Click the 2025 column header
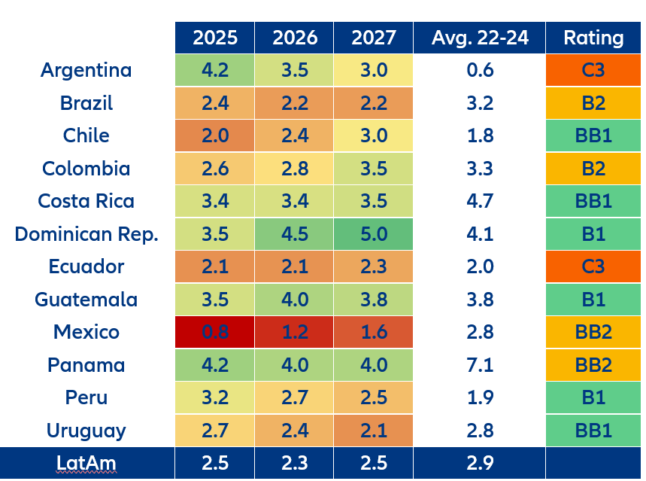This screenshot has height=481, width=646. pos(214,38)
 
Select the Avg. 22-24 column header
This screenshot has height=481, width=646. pos(480,38)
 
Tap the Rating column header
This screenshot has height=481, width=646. pos(593,38)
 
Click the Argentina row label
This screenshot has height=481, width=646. pos(86,70)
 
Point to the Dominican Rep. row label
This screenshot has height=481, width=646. pos(86,233)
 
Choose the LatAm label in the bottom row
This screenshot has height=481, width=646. pos(86,462)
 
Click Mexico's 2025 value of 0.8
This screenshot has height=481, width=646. pos(214,332)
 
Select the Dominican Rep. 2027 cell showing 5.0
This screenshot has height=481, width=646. pos(374,233)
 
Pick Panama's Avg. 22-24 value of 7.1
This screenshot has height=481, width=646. pos(480,365)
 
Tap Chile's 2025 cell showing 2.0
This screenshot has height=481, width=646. pos(214,135)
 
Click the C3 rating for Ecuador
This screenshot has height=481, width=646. pos(593,266)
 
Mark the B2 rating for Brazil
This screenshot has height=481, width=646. pos(593,103)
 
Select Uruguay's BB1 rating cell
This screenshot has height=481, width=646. pos(593,431)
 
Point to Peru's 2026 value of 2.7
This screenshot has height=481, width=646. pos(294,397)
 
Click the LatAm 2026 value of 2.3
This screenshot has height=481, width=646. pos(294,462)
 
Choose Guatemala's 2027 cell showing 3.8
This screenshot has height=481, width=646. pos(374,300)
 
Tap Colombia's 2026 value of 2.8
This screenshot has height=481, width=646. pos(294,169)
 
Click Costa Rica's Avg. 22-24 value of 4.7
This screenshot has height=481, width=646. pos(480,201)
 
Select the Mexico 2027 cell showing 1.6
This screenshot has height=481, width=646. pos(374,332)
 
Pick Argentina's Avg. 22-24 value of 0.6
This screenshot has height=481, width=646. pos(480,70)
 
